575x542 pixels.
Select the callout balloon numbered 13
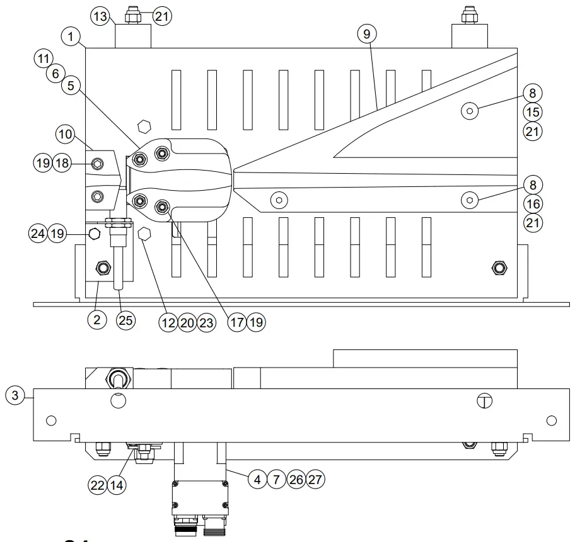(99, 16)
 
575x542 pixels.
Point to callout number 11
(42, 59)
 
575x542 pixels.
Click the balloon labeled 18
(61, 163)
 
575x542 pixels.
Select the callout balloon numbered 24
(38, 234)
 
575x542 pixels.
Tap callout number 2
(96, 320)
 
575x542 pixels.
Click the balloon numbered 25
(126, 320)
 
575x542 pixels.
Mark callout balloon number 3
(15, 396)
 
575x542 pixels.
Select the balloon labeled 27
(316, 479)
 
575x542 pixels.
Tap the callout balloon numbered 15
(533, 113)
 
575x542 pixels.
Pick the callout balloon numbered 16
(533, 204)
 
